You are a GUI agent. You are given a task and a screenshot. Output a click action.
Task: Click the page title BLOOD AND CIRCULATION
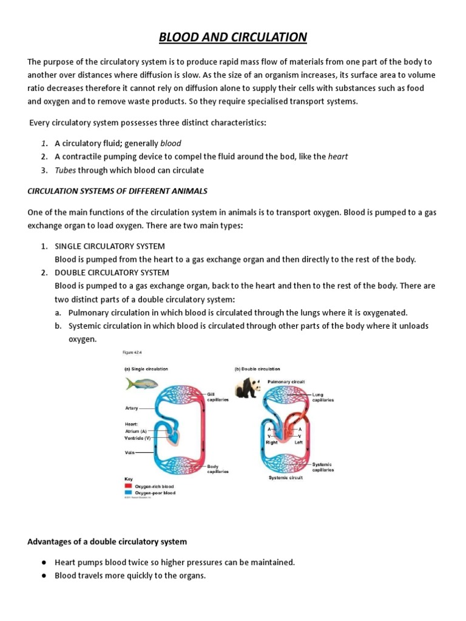tap(233, 38)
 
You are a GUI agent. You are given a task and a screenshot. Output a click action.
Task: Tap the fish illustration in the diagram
tap(142, 383)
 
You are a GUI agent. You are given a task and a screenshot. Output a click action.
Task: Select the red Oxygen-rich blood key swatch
tap(128, 486)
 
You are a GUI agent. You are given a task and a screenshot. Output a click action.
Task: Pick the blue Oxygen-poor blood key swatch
tap(128, 492)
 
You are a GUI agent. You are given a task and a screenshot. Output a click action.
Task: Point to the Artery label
tap(132, 408)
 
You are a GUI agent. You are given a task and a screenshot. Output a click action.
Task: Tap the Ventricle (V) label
tap(138, 437)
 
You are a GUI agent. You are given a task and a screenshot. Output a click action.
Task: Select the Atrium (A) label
tap(137, 431)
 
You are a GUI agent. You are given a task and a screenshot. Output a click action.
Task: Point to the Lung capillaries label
tap(322, 397)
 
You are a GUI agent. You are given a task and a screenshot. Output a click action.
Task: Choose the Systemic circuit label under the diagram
tap(285, 477)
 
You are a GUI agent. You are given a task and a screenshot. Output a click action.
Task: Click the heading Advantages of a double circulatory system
tap(107, 541)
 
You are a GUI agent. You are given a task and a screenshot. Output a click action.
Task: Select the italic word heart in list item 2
tap(338, 156)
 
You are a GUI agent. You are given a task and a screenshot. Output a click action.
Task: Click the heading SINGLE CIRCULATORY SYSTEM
tap(110, 246)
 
